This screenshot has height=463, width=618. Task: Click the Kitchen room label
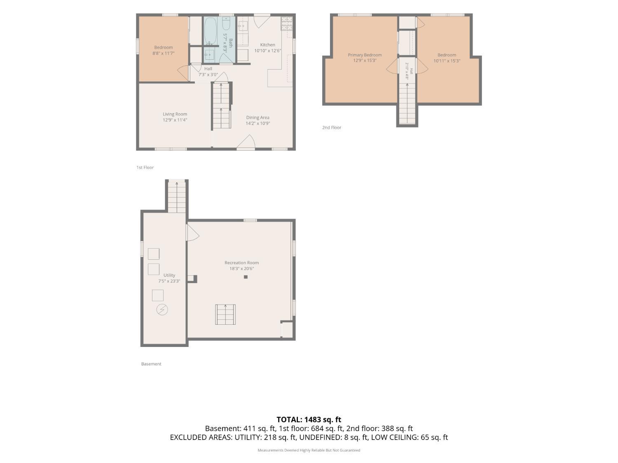click(x=267, y=45)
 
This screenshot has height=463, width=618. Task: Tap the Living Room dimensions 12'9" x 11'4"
click(x=175, y=120)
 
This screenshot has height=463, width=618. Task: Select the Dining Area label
click(x=257, y=118)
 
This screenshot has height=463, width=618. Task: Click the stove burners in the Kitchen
click(x=287, y=23)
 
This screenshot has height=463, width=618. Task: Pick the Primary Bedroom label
click(x=365, y=55)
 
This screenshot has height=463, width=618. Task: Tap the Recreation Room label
click(x=241, y=263)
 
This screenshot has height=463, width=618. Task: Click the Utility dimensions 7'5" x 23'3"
click(x=169, y=281)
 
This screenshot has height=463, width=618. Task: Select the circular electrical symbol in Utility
click(x=162, y=309)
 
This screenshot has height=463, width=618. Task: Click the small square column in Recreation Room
click(x=246, y=277)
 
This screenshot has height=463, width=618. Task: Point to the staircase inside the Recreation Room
click(x=225, y=314)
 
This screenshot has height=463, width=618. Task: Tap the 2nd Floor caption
click(x=332, y=127)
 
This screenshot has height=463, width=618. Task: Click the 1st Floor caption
click(x=145, y=167)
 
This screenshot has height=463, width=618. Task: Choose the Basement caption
click(x=151, y=364)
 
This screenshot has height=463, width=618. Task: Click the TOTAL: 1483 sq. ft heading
click(x=309, y=419)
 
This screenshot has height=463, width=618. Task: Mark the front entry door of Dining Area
click(x=246, y=142)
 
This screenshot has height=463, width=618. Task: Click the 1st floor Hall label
click(x=208, y=69)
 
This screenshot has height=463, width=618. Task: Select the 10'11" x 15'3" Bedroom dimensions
click(x=447, y=61)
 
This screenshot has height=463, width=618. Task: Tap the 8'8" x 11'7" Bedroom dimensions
click(x=163, y=53)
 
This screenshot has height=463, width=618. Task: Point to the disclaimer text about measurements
click(x=309, y=450)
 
